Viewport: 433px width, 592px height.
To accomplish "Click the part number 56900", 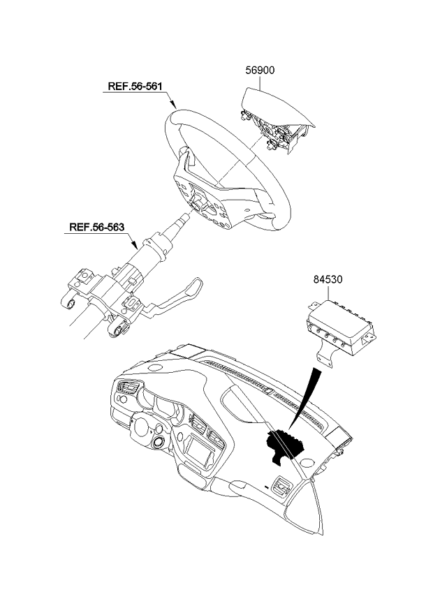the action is tap(260, 71).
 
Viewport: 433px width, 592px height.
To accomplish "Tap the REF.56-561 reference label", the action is tap(135, 86).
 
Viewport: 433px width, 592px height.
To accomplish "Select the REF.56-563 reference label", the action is tap(96, 228).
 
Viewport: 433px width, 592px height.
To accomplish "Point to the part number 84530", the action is tap(328, 279).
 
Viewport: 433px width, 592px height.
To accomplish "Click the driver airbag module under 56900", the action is tap(275, 118).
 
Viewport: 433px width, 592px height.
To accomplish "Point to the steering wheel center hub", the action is tap(197, 205).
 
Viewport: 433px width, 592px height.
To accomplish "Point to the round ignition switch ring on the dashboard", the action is tap(159, 442).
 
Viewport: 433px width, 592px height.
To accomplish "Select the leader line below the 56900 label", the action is tap(260, 82).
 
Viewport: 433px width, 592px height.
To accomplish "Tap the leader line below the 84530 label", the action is tap(328, 293).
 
